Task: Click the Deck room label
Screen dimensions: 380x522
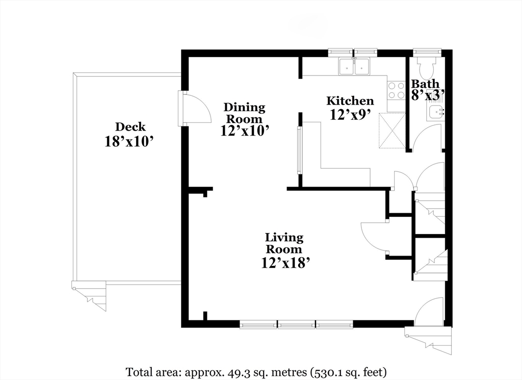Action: click(130, 127)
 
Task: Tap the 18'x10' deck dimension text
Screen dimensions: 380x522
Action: click(129, 141)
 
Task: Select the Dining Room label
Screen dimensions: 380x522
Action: click(245, 113)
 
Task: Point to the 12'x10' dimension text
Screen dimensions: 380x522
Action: click(245, 131)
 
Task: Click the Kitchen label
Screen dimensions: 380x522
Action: click(350, 101)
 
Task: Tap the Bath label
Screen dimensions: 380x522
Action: click(425, 84)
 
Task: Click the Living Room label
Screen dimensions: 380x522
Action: click(284, 243)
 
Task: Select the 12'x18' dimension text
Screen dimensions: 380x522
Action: click(286, 262)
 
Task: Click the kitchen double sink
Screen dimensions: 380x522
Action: click(355, 66)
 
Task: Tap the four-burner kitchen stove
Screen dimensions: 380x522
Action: click(396, 90)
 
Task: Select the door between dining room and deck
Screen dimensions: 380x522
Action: click(195, 108)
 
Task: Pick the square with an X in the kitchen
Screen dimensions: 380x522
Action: click(392, 130)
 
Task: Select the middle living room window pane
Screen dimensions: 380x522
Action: click(296, 324)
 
